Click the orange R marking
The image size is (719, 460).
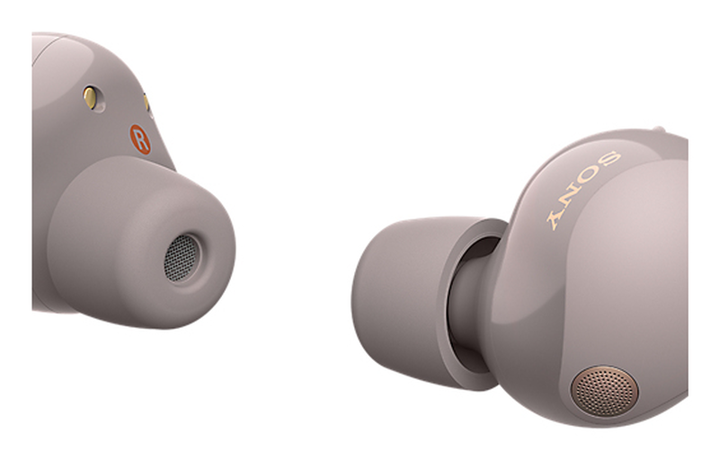[140, 139]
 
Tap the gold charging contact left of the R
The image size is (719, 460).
[91, 97]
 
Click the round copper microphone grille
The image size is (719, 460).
[604, 390]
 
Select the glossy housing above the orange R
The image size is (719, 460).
[117, 63]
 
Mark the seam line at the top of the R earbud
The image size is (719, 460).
[54, 37]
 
